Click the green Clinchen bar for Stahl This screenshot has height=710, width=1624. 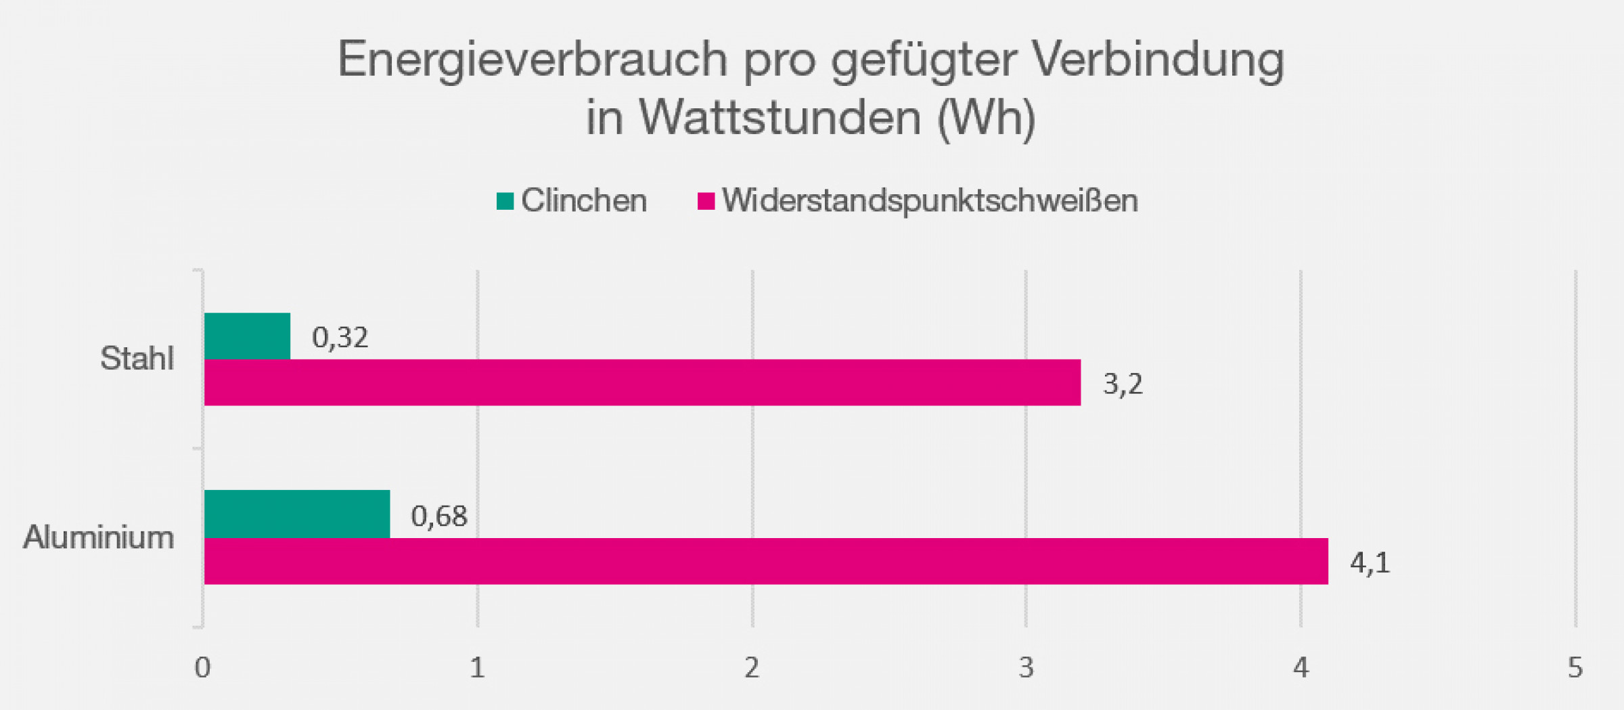point(247,336)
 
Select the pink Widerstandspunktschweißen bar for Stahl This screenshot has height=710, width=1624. point(642,382)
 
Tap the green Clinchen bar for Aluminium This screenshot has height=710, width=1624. point(297,514)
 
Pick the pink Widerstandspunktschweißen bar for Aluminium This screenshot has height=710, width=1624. point(766,561)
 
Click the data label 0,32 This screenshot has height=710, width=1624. point(340,337)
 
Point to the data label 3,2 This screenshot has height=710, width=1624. point(1123,384)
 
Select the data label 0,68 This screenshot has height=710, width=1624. point(439,516)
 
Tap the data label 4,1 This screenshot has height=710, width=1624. point(1370,562)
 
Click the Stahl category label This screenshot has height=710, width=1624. point(137,358)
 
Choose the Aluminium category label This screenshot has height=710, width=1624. point(99,537)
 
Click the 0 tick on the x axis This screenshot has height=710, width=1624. point(202,668)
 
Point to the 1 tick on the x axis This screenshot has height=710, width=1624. point(477,668)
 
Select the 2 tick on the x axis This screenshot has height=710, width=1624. point(752,668)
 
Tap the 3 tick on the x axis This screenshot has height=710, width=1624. point(1027,668)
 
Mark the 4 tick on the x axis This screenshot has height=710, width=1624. point(1301,668)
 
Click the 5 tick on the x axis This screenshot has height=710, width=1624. point(1575,668)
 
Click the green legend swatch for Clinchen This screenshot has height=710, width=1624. point(505,201)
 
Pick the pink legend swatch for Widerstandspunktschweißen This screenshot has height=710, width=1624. point(706,201)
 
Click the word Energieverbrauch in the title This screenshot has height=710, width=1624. point(533,60)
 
